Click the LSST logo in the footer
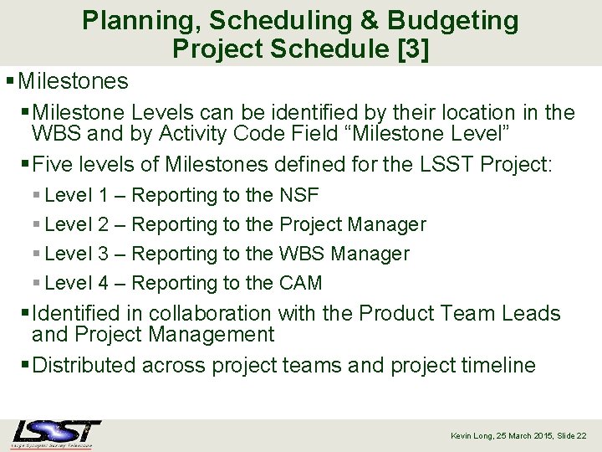(56, 434)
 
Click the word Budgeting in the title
(457, 20)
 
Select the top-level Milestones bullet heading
(73, 81)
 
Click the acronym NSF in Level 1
(298, 195)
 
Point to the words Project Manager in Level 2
(352, 224)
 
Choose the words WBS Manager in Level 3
(344, 254)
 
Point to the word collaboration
(206, 313)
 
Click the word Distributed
(83, 365)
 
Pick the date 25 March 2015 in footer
(524, 436)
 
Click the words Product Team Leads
(460, 313)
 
